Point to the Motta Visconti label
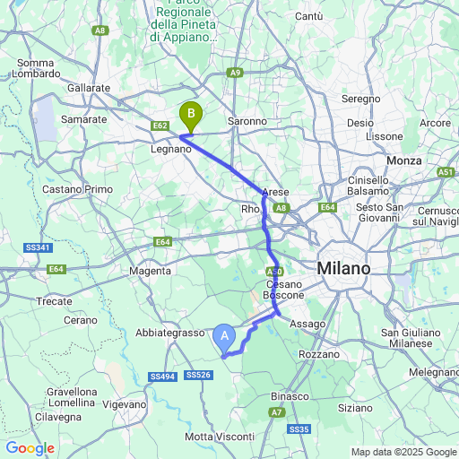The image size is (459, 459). click(x=219, y=436)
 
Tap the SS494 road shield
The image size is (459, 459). click(x=162, y=376)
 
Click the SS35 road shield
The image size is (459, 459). click(x=299, y=430)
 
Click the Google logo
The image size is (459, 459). click(x=30, y=448)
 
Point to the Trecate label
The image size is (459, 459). click(x=55, y=301)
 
